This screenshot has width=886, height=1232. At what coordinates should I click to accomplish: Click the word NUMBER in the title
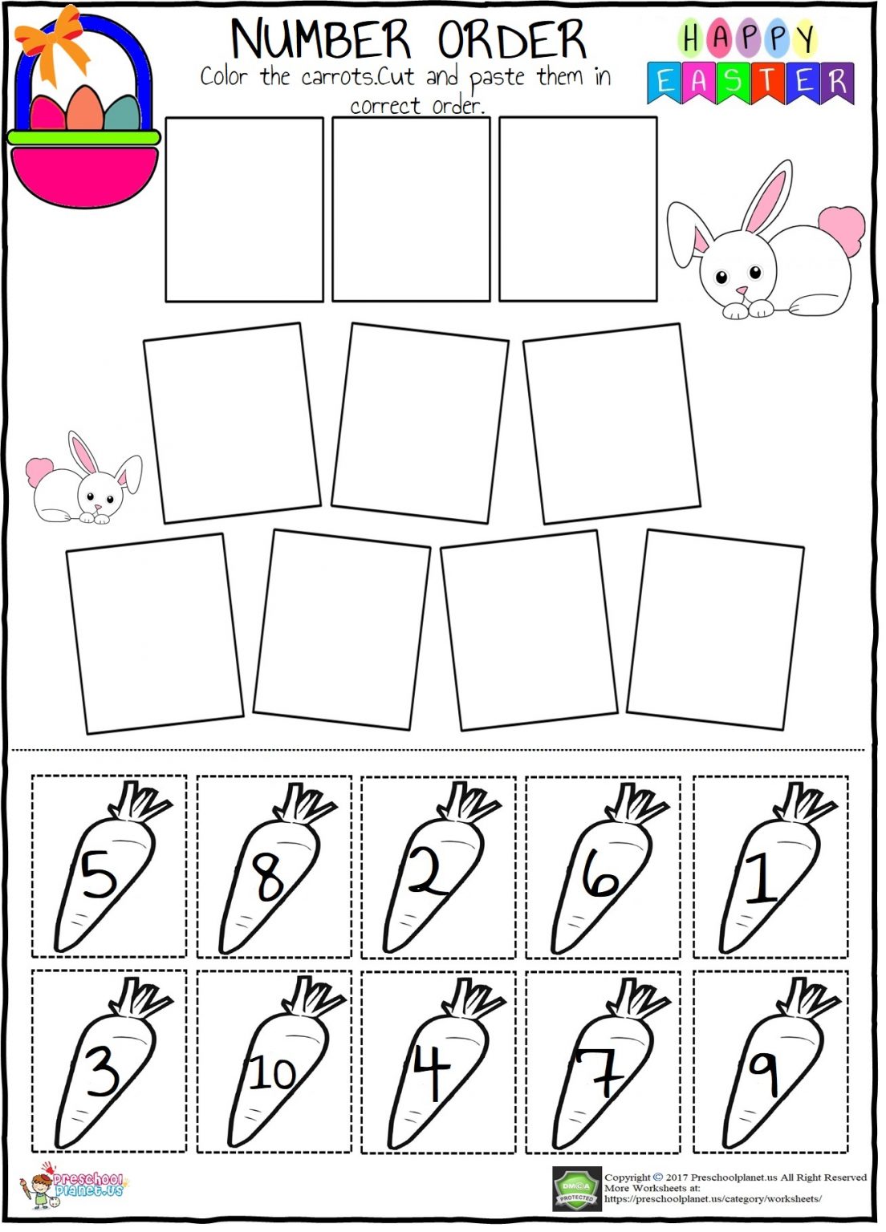(x=320, y=39)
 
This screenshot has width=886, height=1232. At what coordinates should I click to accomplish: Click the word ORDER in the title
(x=511, y=39)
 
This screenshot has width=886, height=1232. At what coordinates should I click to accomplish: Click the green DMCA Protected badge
(x=576, y=1188)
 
